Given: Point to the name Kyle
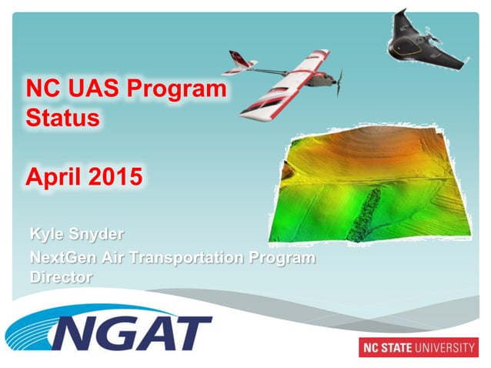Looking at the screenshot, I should pyautogui.click(x=47, y=233).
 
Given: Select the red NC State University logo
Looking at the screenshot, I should pyautogui.click(x=418, y=347).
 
